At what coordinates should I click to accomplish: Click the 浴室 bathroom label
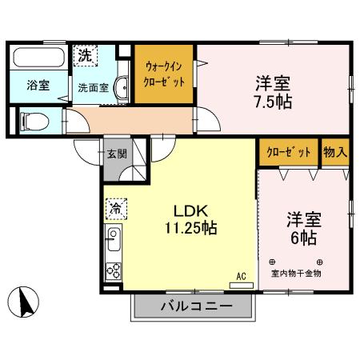click(x=37, y=85)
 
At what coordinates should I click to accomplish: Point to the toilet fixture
click(x=34, y=121)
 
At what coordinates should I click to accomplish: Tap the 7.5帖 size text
click(x=272, y=101)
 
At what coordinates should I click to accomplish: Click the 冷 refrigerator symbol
click(x=114, y=207)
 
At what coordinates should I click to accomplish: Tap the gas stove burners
click(x=113, y=270)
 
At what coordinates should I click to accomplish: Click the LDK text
click(x=192, y=210)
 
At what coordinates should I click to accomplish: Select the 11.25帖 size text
click(x=192, y=228)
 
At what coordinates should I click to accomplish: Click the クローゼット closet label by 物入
click(x=288, y=152)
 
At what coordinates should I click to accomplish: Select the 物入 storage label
click(x=334, y=152)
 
